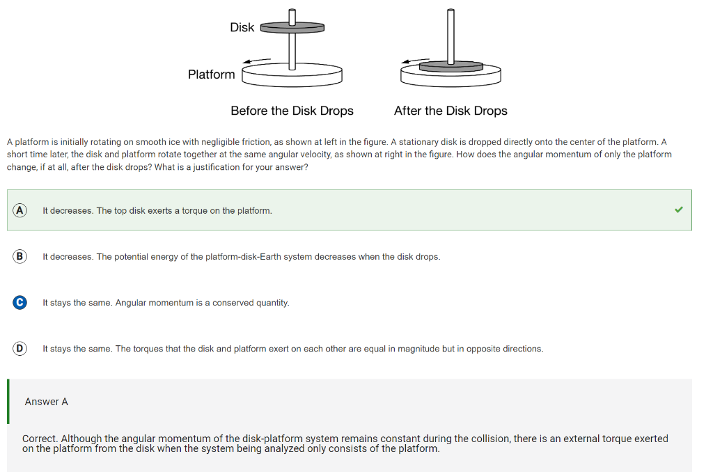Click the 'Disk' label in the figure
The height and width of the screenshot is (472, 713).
(242, 27)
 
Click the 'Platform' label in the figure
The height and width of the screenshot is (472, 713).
(211, 74)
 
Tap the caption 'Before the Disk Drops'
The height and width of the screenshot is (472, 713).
(292, 111)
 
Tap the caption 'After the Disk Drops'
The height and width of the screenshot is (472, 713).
(450, 111)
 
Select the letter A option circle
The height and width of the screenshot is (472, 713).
(19, 210)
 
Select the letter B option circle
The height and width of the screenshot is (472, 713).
(19, 256)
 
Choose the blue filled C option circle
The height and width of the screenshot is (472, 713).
(19, 302)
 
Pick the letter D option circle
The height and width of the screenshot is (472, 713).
(19, 348)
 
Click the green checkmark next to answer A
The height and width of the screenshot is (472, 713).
(679, 210)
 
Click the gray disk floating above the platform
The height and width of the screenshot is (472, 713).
(292, 28)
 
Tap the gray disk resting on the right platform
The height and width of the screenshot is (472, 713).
(450, 67)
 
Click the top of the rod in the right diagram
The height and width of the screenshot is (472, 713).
(451, 13)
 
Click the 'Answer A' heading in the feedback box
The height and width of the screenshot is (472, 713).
(46, 402)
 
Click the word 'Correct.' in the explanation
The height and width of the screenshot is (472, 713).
(40, 439)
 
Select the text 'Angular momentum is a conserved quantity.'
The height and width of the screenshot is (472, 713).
(202, 303)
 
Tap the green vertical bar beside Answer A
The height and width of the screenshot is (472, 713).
(8, 402)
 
